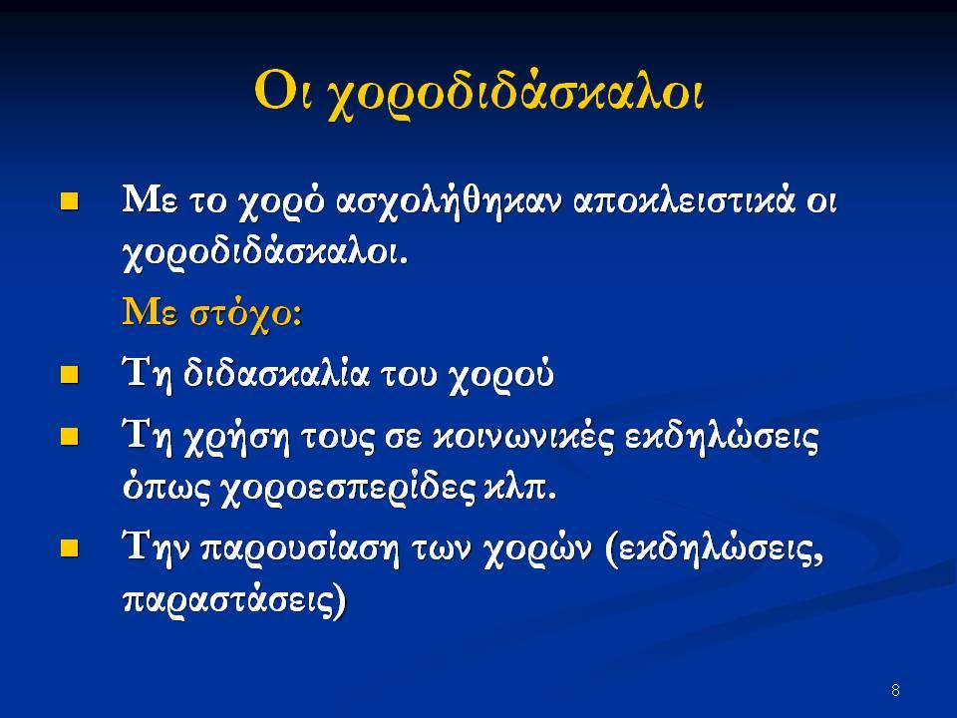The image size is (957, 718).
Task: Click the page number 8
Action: (x=895, y=690)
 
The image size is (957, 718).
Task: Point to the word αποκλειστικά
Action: (x=684, y=200)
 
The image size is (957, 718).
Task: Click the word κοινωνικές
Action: (x=522, y=437)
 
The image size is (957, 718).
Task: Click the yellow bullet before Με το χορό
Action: (x=70, y=201)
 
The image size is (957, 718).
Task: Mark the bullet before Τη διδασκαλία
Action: (x=70, y=374)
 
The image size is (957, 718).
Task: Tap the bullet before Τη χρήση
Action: (x=70, y=437)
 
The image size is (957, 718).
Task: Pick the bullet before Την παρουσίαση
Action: (x=70, y=547)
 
